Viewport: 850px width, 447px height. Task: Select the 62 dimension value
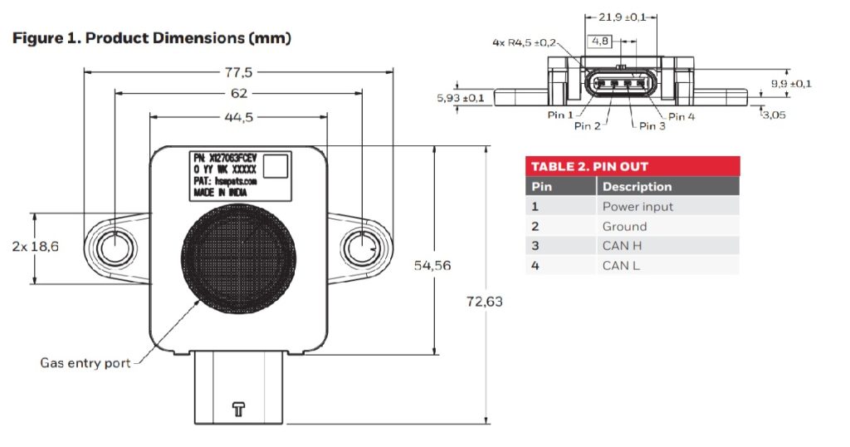click(239, 95)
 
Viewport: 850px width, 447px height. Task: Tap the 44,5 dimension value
click(239, 117)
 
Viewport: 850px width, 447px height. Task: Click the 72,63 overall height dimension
click(485, 301)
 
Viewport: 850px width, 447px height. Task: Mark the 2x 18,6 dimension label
click(37, 247)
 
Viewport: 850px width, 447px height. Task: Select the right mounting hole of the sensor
click(362, 247)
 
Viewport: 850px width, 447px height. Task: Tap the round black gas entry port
click(239, 253)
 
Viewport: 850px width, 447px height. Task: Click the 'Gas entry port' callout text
click(85, 363)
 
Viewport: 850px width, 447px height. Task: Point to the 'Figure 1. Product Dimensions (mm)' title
click(151, 38)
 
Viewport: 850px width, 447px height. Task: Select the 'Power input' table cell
click(637, 206)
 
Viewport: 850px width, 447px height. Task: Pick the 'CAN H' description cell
click(622, 246)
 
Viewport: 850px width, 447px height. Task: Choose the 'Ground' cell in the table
click(624, 226)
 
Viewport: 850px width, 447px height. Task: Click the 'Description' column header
click(637, 186)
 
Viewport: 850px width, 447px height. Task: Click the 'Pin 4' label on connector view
click(681, 116)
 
